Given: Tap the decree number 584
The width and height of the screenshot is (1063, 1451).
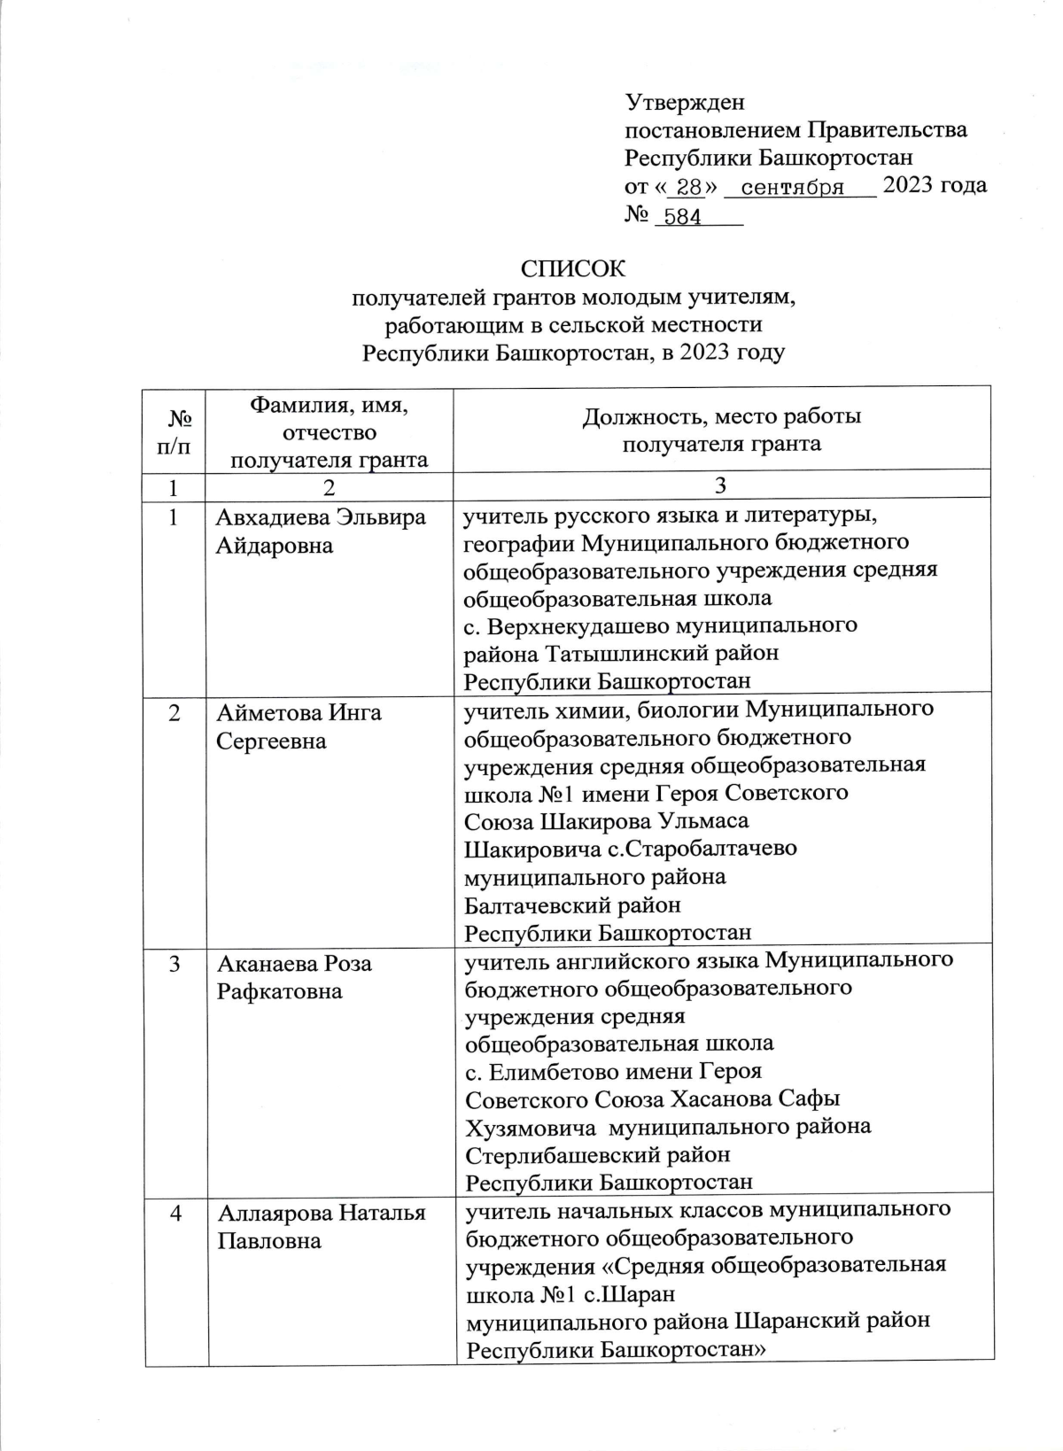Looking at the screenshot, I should point(682,217).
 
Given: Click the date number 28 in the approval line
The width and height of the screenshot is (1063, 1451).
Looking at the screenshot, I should point(688,188).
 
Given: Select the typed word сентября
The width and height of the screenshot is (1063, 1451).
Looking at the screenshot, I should point(791,188).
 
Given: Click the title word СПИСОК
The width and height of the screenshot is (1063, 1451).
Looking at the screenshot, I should point(574,268).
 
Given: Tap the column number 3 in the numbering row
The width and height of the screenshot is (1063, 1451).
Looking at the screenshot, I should point(721,485).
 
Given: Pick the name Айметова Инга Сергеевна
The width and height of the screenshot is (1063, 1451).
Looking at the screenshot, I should point(299,726).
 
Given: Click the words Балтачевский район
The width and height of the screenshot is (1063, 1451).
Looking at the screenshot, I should point(573,905).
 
